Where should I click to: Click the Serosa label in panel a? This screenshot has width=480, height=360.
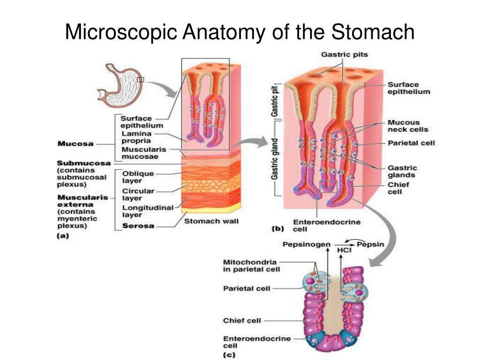(138, 226)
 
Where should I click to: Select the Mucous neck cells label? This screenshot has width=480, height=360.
(407, 126)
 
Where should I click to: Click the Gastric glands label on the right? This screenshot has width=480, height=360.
(402, 171)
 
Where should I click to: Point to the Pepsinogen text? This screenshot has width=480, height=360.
(306, 244)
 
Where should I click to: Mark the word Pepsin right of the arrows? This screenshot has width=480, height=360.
(370, 244)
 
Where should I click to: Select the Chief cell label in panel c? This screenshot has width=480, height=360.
(242, 321)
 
